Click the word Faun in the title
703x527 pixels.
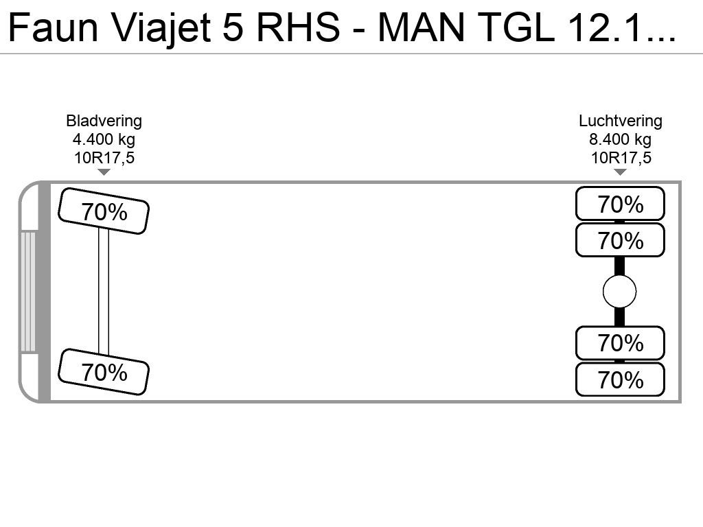click(x=53, y=27)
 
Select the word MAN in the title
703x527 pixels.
click(x=421, y=27)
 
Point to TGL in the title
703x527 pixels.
click(x=514, y=27)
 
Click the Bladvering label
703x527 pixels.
click(x=104, y=121)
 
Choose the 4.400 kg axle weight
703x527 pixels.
click(x=104, y=139)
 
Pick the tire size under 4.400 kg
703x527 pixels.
click(x=104, y=158)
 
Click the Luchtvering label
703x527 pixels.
click(x=621, y=121)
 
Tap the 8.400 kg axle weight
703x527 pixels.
click(x=621, y=139)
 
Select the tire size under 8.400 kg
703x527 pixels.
click(x=621, y=158)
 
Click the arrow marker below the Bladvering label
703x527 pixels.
click(x=104, y=172)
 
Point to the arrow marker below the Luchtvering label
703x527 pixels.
click(x=620, y=172)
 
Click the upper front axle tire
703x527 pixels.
click(x=104, y=211)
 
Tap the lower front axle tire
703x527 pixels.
click(x=104, y=372)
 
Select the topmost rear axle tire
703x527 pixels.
click(x=620, y=204)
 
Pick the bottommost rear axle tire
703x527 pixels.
click(x=620, y=379)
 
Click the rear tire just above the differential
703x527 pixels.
click(x=620, y=239)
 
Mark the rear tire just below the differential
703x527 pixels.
click(x=620, y=343)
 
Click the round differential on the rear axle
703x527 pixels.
click(x=620, y=292)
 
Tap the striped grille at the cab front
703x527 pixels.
click(x=27, y=292)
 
